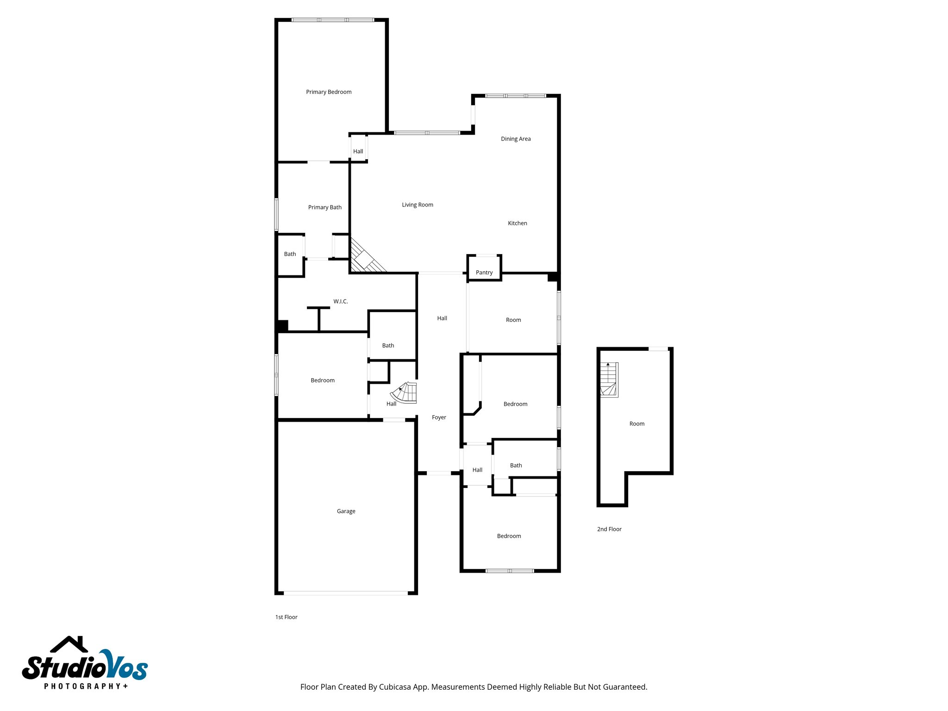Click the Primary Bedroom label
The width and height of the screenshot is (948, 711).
point(329,92)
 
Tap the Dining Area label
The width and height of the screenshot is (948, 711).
point(516,139)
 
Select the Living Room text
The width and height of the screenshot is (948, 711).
point(418,205)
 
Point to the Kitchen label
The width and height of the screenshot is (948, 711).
point(518,223)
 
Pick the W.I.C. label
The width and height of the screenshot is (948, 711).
point(341,301)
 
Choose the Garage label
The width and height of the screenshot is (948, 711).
point(346,511)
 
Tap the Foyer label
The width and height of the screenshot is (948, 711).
point(439,418)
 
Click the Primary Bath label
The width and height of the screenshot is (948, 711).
point(325,207)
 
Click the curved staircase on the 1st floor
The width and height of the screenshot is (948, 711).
point(405,393)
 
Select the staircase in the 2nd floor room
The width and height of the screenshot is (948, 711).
point(609,380)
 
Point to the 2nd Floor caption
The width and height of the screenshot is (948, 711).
point(609,529)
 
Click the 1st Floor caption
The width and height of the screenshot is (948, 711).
point(287,617)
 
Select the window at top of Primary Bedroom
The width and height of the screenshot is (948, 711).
point(333,20)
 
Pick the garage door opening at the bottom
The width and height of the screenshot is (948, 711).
point(346,593)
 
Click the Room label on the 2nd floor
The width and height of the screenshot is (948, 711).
point(637,424)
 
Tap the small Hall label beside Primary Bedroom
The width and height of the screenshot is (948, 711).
point(358,151)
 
